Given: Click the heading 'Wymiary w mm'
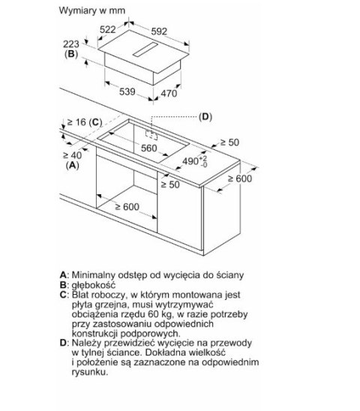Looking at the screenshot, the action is tap(92, 10).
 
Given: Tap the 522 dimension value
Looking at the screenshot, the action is tap(108, 29).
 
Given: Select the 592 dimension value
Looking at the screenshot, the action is tap(159, 31).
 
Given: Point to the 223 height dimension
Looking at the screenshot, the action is tap(71, 43).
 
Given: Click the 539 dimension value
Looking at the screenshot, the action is tap(127, 91).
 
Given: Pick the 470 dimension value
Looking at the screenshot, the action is tap(169, 93).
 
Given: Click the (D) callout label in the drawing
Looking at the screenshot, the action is tap(205, 117).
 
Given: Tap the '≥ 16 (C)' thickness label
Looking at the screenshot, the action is tap(85, 122).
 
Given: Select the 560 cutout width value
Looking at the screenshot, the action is tap(149, 148).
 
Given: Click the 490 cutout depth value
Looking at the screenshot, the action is tap(195, 161).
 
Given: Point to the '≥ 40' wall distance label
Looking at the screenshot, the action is tap(72, 155).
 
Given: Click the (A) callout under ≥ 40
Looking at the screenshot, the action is tap(72, 165).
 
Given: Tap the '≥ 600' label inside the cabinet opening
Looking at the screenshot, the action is tap(127, 207).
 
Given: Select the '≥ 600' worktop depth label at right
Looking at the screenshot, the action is tap(240, 178).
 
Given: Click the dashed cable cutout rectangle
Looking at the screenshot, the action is tap(151, 135).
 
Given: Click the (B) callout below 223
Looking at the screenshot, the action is tap(71, 54).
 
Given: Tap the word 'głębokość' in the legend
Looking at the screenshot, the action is tap(93, 285).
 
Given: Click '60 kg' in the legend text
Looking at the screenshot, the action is tap(160, 314).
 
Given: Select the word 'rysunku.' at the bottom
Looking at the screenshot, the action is tap(90, 372).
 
